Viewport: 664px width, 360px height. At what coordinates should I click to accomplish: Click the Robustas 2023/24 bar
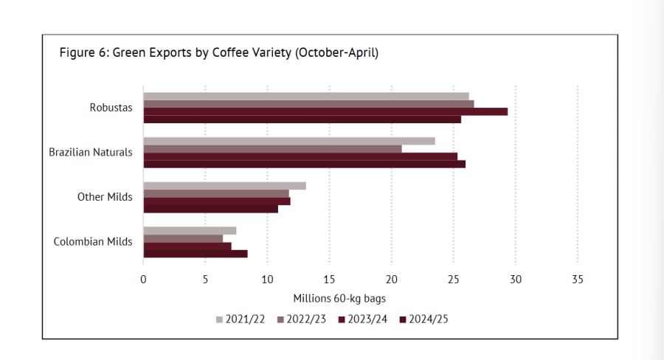[x=325, y=111]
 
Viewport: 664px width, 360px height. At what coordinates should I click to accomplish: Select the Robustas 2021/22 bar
[x=305, y=96]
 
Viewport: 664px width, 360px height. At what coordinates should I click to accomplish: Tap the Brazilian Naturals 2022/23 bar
[x=272, y=149]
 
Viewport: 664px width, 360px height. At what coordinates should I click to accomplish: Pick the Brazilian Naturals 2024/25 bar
[x=304, y=164]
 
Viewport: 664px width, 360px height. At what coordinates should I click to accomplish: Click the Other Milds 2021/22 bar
[x=224, y=186]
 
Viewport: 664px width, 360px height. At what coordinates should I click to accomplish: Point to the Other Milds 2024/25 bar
[x=210, y=209]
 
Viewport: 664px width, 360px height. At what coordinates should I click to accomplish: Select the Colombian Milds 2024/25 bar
[x=195, y=254]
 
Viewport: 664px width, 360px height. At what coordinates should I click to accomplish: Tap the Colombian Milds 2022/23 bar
[x=183, y=238]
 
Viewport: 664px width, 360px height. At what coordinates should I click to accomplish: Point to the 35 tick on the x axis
[x=577, y=280]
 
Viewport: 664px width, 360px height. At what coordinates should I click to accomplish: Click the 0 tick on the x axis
[x=143, y=280]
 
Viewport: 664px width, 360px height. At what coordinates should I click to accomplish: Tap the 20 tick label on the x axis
[x=391, y=280]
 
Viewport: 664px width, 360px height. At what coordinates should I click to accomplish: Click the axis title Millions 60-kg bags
[x=339, y=299]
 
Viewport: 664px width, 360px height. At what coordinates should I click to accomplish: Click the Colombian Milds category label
[x=94, y=241]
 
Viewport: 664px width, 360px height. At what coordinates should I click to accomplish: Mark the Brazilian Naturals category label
[x=91, y=153]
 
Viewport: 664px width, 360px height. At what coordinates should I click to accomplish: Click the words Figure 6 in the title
[x=83, y=53]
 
